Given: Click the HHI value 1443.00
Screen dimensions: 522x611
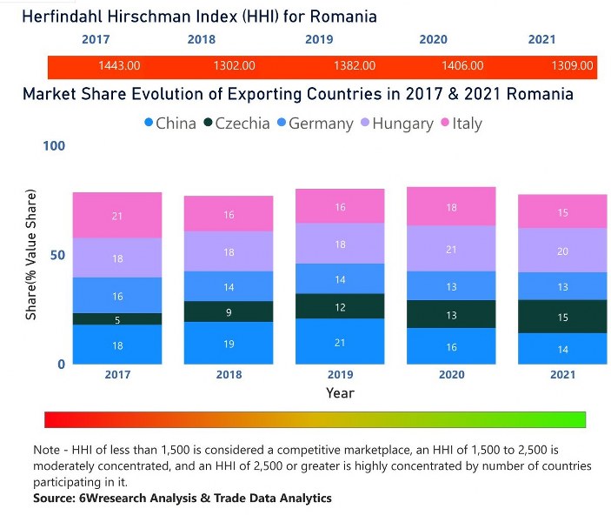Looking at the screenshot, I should click(119, 65).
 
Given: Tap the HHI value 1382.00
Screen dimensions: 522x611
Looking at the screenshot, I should click(355, 65).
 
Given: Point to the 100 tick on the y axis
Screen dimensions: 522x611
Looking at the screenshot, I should click(54, 147).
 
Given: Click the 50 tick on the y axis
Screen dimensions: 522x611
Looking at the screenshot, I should click(57, 256).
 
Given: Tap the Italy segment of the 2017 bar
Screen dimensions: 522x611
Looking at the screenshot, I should click(117, 215).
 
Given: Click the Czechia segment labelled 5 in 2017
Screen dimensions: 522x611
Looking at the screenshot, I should click(117, 319).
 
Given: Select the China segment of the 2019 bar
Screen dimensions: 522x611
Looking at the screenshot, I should click(340, 342).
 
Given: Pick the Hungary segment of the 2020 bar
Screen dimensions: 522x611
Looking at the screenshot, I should click(451, 249).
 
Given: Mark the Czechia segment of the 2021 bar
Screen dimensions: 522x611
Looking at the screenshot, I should click(562, 317).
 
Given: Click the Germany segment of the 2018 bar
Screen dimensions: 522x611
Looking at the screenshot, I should click(229, 286).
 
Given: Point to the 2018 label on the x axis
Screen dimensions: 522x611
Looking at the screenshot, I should click(229, 374).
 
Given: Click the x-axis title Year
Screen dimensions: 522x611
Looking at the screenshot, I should click(340, 393).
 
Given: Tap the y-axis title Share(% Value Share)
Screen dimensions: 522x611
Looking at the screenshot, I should click(31, 253).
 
